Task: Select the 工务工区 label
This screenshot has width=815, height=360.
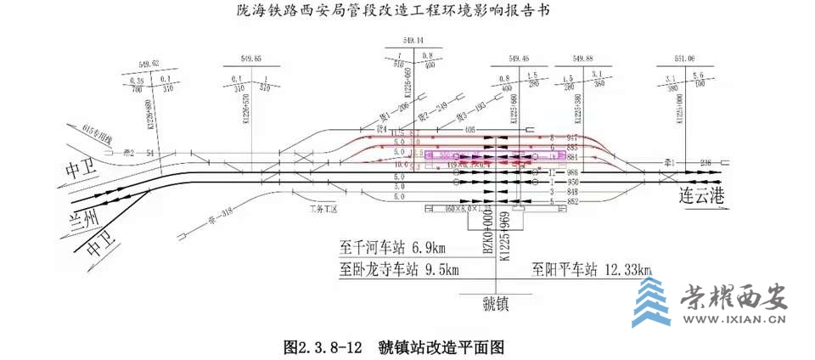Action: [324, 207]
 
